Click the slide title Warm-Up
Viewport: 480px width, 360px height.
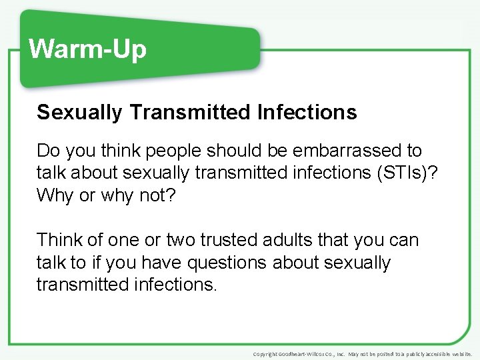[87, 49]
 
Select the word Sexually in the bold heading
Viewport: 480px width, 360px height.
[79, 113]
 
